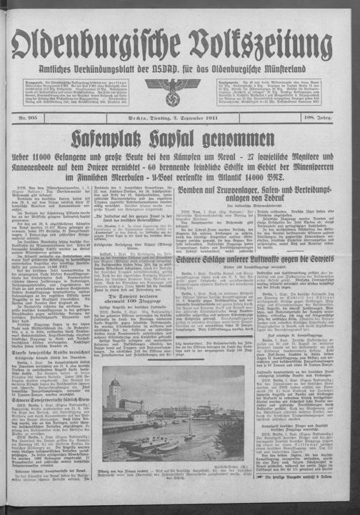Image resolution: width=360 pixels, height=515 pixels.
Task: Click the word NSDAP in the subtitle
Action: point(177,69)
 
